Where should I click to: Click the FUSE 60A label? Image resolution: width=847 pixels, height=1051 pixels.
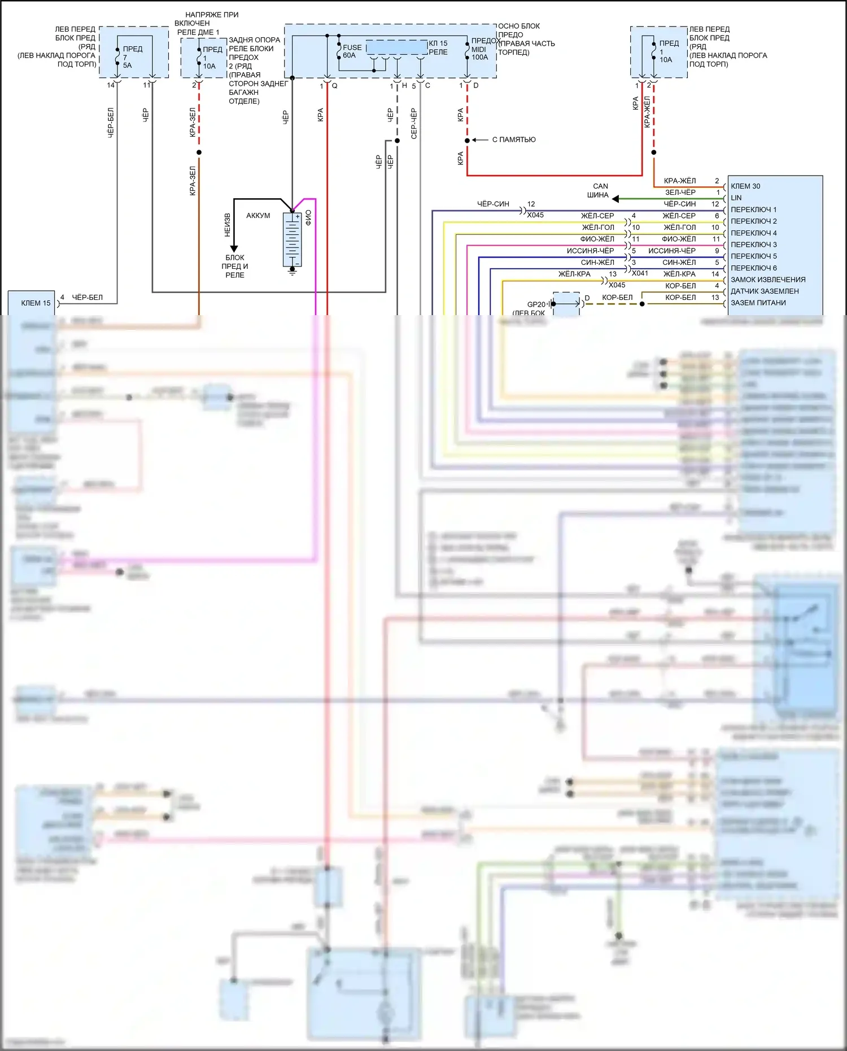pyautogui.click(x=352, y=51)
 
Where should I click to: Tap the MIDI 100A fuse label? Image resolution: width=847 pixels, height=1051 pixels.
pyautogui.click(x=479, y=53)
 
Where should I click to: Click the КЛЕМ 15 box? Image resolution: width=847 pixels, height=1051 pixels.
pyautogui.click(x=32, y=303)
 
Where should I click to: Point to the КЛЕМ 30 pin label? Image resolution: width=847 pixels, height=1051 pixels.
pyautogui.click(x=745, y=186)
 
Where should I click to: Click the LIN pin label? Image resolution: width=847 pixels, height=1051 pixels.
pyautogui.click(x=736, y=198)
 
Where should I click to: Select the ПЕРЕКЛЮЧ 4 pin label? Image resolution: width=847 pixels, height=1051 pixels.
pyautogui.click(x=754, y=233)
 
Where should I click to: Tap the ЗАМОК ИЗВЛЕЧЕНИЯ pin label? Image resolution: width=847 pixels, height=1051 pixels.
pyautogui.click(x=768, y=280)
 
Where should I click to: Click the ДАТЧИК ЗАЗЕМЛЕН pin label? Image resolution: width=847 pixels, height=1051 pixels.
pyautogui.click(x=765, y=291)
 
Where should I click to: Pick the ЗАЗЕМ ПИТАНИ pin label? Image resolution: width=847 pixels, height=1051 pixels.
pyautogui.click(x=758, y=303)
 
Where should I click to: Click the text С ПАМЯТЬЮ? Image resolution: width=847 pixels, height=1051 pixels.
pyautogui.click(x=514, y=140)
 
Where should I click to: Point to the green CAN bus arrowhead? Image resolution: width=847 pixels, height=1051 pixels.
pyautogui.click(x=615, y=199)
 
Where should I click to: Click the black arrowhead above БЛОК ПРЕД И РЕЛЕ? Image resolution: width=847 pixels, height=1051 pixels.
pyautogui.click(x=234, y=248)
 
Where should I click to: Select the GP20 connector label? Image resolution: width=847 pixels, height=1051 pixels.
pyautogui.click(x=536, y=304)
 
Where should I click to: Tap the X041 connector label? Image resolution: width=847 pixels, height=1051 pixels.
pyautogui.click(x=640, y=273)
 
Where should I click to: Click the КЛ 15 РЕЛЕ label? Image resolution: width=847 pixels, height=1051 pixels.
pyautogui.click(x=438, y=47)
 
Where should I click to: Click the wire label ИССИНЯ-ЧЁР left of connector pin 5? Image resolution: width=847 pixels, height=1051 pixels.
pyautogui.click(x=590, y=251)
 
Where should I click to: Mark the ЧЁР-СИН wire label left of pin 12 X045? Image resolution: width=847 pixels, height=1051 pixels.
pyautogui.click(x=493, y=204)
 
